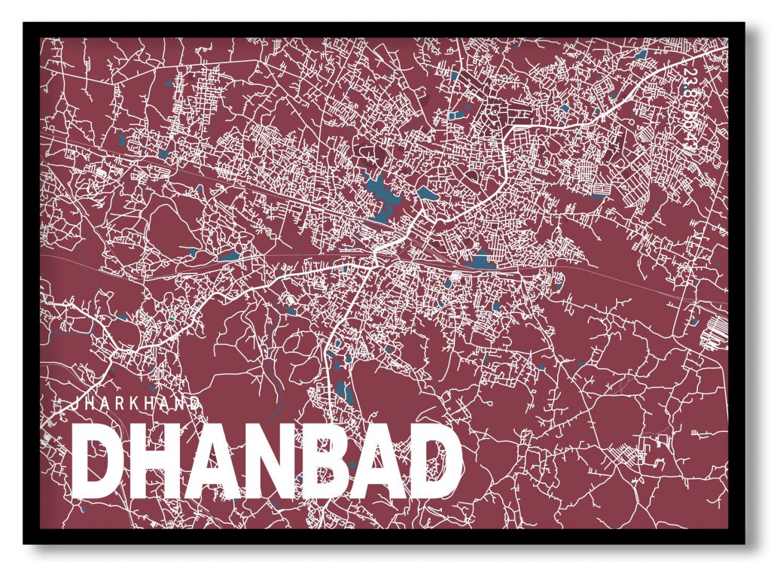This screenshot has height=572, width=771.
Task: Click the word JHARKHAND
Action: point(136,403)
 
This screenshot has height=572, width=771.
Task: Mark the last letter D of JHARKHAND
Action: point(196,403)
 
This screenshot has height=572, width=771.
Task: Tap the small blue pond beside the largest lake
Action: point(426,193)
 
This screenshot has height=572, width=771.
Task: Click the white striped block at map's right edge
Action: point(712,332)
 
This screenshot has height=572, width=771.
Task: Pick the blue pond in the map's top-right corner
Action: point(641,55)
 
